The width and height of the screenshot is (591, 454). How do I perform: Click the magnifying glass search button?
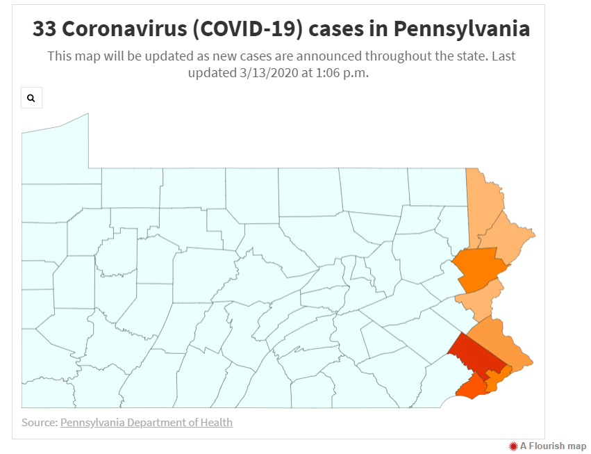click(x=31, y=98)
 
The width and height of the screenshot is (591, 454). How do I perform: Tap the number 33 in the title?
click(x=45, y=29)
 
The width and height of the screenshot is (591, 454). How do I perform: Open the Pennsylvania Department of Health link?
click(x=146, y=422)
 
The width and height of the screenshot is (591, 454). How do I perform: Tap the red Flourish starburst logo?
click(x=513, y=446)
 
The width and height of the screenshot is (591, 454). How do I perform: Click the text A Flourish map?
click(x=553, y=446)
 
